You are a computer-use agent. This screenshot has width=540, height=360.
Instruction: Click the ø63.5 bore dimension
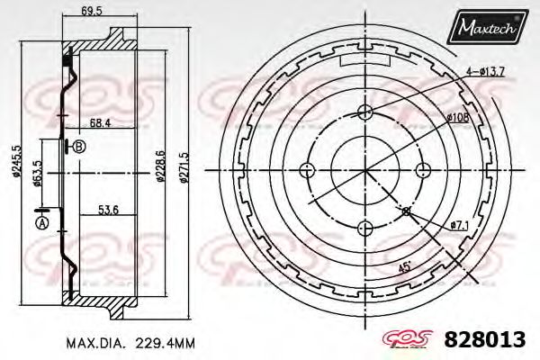36,171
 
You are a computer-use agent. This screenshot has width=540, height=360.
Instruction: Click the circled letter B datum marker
79,148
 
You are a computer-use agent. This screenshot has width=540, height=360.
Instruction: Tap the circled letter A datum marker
40,223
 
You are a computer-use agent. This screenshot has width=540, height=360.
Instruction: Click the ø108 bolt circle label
458,118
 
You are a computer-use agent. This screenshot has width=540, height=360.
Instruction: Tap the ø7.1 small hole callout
459,224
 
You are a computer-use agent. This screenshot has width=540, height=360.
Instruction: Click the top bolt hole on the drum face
364,112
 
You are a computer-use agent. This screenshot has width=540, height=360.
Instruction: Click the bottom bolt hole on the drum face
364,227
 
